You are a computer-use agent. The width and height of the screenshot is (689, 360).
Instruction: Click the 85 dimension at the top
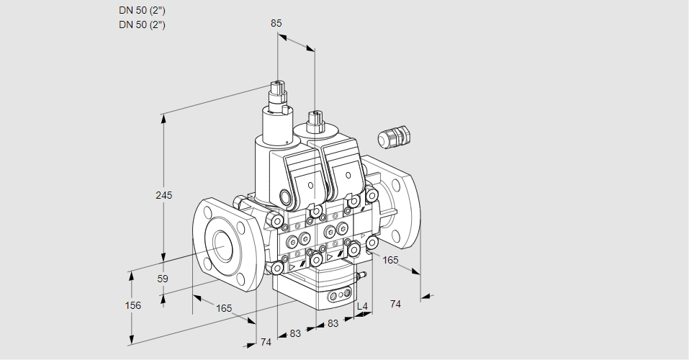coord(276,23)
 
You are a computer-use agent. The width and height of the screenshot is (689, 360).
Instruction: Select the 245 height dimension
coord(164,196)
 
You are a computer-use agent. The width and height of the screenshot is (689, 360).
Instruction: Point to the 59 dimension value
coord(163,279)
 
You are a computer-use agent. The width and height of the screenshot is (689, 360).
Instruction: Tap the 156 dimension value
coord(133,305)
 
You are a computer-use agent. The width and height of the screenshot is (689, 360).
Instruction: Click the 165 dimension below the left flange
coord(224,308)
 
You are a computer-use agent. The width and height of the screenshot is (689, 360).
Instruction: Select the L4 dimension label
coord(363,307)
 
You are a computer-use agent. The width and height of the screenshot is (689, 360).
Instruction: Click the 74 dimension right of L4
coord(395,304)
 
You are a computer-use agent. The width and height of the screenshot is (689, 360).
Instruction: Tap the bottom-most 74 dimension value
coord(266,341)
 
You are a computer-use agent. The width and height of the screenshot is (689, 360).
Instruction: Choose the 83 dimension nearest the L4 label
coord(333,323)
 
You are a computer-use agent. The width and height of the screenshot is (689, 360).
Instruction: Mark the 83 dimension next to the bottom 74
coord(295,333)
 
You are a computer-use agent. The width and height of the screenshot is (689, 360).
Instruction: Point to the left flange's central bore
coord(221,247)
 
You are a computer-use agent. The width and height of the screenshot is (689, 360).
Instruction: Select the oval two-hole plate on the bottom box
coord(341,295)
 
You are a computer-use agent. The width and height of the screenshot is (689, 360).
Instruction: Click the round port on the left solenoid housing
coord(286,197)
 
